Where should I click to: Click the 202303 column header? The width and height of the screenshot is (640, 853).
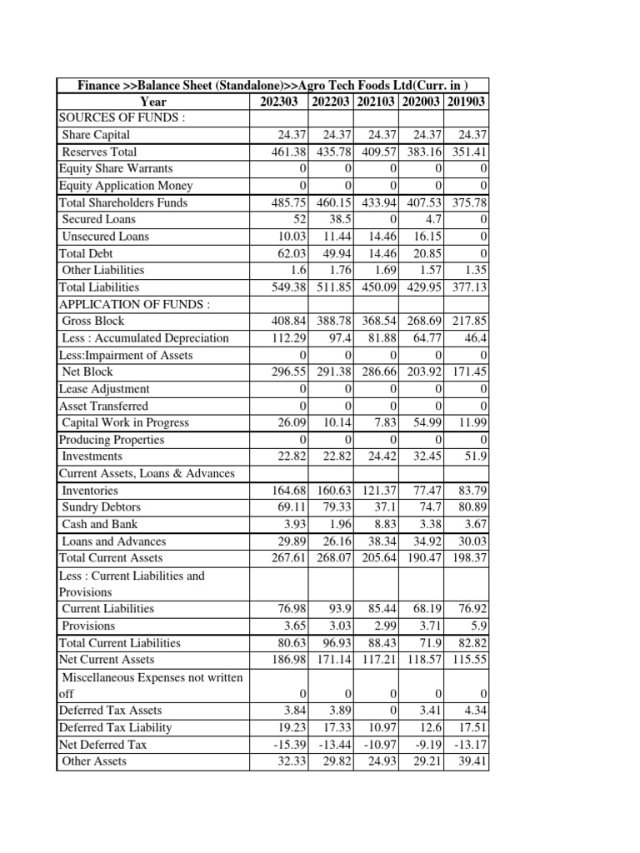pyautogui.click(x=278, y=102)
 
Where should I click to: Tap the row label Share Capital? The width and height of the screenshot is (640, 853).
pyautogui.click(x=96, y=135)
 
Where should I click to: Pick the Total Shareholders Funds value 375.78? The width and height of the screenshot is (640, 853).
pyautogui.click(x=468, y=202)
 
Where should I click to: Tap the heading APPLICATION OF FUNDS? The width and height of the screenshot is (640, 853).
pyautogui.click(x=134, y=304)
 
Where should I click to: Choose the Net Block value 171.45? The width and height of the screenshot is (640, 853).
pyautogui.click(x=468, y=372)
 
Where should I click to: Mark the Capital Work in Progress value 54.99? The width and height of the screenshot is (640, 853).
pyautogui.click(x=424, y=422)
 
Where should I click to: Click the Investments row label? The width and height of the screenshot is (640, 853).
pyautogui.click(x=92, y=456)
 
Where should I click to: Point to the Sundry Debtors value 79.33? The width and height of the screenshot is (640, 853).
pyautogui.click(x=336, y=507)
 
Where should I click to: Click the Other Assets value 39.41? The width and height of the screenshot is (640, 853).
pyautogui.click(x=471, y=761)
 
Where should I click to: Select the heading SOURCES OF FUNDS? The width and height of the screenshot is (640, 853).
pyautogui.click(x=121, y=118)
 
